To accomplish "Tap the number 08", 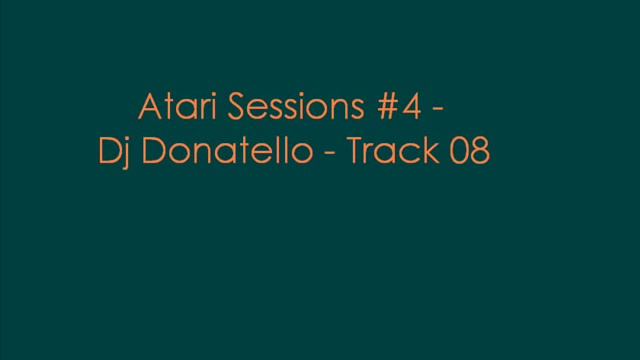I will coord(469,153).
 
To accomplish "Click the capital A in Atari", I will coord(144,107).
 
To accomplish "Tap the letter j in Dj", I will coord(120,156).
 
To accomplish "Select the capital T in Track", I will coord(354,153).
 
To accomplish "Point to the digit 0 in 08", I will coord(458,153).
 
